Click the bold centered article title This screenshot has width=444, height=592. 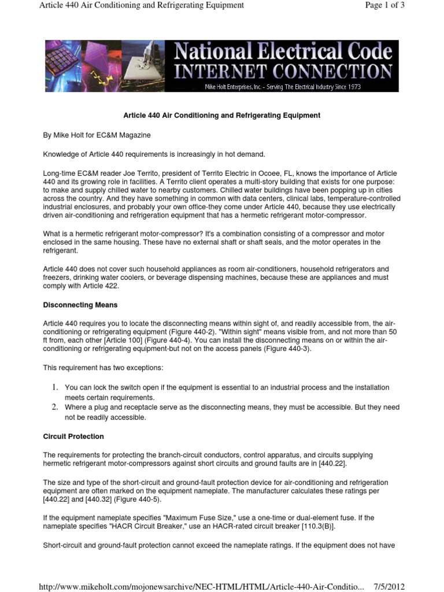[x=222, y=116]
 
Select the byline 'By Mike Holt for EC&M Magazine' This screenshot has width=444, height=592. [x=97, y=135]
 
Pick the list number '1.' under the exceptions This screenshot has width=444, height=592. [x=54, y=387]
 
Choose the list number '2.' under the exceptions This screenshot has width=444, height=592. [x=54, y=408]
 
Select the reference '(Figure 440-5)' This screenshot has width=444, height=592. [x=143, y=499]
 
